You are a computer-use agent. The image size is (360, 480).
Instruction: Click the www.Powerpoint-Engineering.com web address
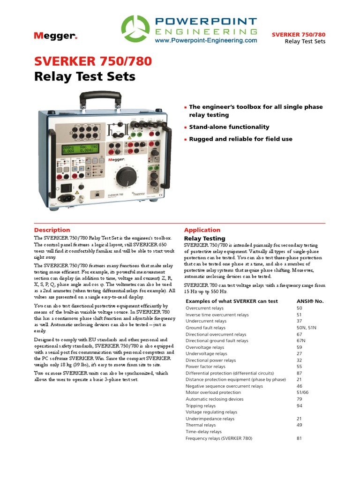pos(206,41)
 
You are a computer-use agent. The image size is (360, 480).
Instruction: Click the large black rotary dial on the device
pos(126,177)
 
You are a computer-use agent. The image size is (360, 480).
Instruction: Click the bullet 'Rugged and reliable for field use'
pos(240,139)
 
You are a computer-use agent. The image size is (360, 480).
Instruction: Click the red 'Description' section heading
pos(52,230)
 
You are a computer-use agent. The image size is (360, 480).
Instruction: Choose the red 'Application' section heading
pos(202,230)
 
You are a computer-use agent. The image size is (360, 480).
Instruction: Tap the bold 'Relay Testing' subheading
pos(204,239)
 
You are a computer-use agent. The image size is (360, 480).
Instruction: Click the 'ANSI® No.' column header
pos(310,301)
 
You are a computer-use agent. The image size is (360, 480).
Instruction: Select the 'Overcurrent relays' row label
pos(205,308)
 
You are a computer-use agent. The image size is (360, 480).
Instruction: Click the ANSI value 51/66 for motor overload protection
pos(304,392)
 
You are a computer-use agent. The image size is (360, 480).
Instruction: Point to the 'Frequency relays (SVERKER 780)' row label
pos(218,438)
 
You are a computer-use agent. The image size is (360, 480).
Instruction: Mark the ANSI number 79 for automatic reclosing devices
pos(300,399)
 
